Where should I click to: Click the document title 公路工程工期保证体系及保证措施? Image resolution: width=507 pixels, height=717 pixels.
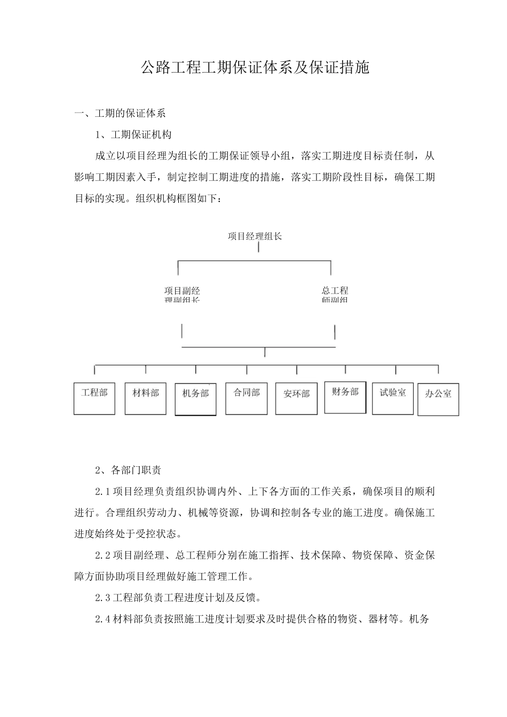click(255, 68)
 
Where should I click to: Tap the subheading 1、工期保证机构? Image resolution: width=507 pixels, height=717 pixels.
click(133, 134)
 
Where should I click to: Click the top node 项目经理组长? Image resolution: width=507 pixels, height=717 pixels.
click(255, 236)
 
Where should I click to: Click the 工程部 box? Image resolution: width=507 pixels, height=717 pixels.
click(94, 399)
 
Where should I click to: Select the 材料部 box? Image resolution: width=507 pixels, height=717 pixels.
click(145, 399)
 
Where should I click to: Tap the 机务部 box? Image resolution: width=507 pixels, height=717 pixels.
click(195, 399)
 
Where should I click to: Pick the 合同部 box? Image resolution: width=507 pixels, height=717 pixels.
click(247, 399)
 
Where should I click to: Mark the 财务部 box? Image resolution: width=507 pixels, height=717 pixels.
click(345, 397)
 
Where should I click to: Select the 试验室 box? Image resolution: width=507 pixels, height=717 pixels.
click(393, 399)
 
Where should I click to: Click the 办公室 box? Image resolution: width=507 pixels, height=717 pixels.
click(438, 400)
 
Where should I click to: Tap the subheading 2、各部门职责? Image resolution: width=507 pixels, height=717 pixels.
click(128, 470)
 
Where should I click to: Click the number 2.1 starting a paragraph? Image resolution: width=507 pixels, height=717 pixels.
click(102, 491)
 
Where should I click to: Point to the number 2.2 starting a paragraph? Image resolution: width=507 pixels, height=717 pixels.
click(102, 555)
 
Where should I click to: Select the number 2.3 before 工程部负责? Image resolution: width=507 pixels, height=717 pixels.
click(102, 597)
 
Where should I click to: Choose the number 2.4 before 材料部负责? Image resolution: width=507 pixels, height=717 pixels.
click(102, 619)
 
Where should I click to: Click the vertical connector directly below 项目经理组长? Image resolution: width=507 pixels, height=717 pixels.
click(259, 248)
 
